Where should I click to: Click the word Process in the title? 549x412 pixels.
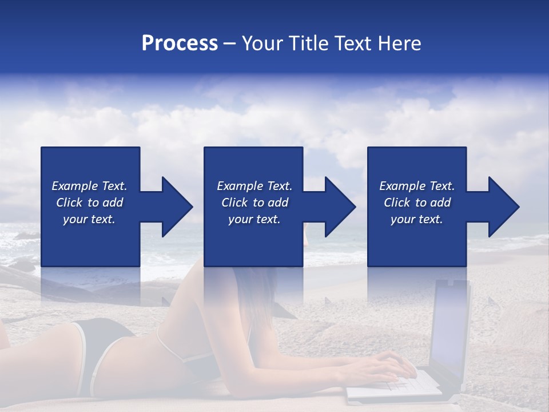[x=180, y=43]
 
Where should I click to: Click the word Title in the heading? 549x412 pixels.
[x=305, y=43]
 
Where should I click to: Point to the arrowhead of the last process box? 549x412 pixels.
[x=502, y=207]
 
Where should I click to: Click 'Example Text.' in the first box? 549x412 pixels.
[x=89, y=186]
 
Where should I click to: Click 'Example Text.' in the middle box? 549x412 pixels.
[x=254, y=186]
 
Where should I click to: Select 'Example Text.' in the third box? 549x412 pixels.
[x=417, y=186]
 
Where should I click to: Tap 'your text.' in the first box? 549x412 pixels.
[x=89, y=219]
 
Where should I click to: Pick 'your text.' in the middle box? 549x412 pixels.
[x=254, y=219]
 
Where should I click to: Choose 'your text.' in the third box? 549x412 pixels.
[x=417, y=219]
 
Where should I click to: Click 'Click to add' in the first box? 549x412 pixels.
[x=89, y=203]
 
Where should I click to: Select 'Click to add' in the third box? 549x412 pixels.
[x=417, y=203]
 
